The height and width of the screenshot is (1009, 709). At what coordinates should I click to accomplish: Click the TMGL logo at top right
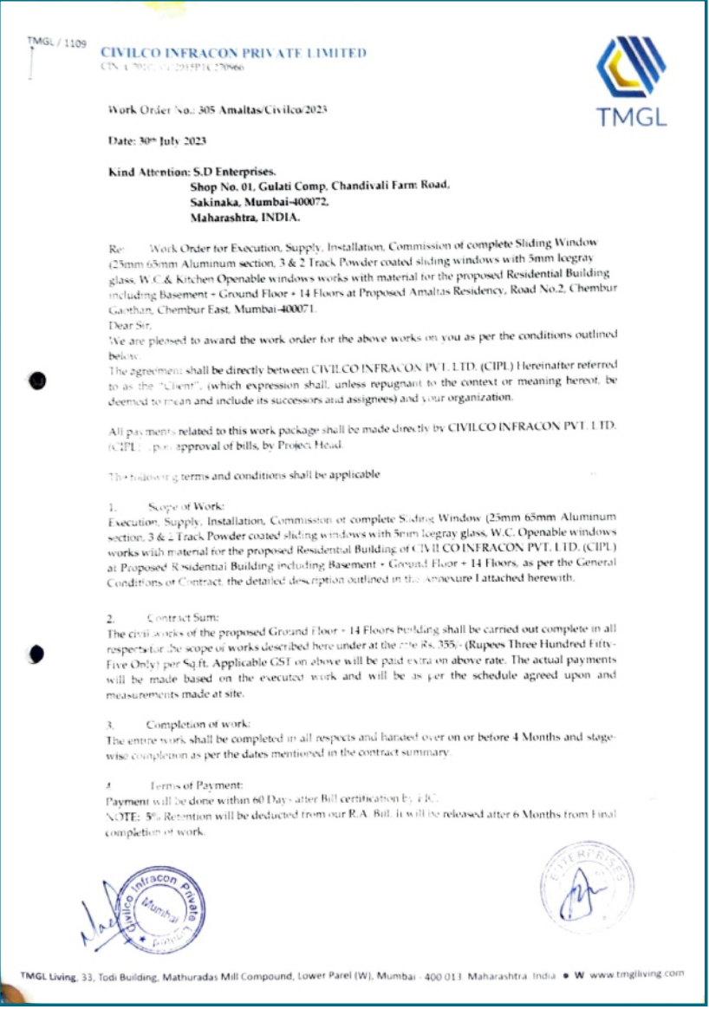pos(630,82)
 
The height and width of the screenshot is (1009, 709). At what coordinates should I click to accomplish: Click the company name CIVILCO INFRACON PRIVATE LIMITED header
pos(234,53)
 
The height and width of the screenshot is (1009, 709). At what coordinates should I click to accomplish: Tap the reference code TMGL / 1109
pos(56,42)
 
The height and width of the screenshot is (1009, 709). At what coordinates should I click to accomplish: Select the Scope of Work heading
pos(188,504)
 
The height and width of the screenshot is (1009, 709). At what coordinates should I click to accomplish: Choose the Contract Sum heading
pos(183,618)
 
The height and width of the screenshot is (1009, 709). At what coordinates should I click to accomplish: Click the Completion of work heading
pos(198,723)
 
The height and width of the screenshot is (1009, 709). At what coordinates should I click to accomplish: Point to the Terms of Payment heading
pos(184,784)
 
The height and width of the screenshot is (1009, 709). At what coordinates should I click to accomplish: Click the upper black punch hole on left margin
pos(37,381)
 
